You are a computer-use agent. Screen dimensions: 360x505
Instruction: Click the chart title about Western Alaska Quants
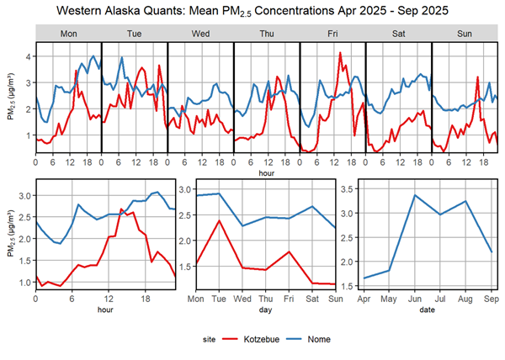coord(252,11)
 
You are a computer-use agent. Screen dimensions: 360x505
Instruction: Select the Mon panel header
coord(68,33)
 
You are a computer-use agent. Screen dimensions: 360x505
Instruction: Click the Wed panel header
coord(200,33)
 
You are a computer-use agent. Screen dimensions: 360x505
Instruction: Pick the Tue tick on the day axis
coord(219,298)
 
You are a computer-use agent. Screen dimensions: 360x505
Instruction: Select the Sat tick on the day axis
coord(312,298)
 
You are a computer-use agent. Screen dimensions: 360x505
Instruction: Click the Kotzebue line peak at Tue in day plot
coord(219,220)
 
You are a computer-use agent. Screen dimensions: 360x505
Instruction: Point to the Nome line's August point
coord(465,201)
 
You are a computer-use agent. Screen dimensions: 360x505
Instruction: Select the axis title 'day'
coord(265,309)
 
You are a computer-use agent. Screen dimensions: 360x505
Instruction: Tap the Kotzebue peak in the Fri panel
coord(340,53)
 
